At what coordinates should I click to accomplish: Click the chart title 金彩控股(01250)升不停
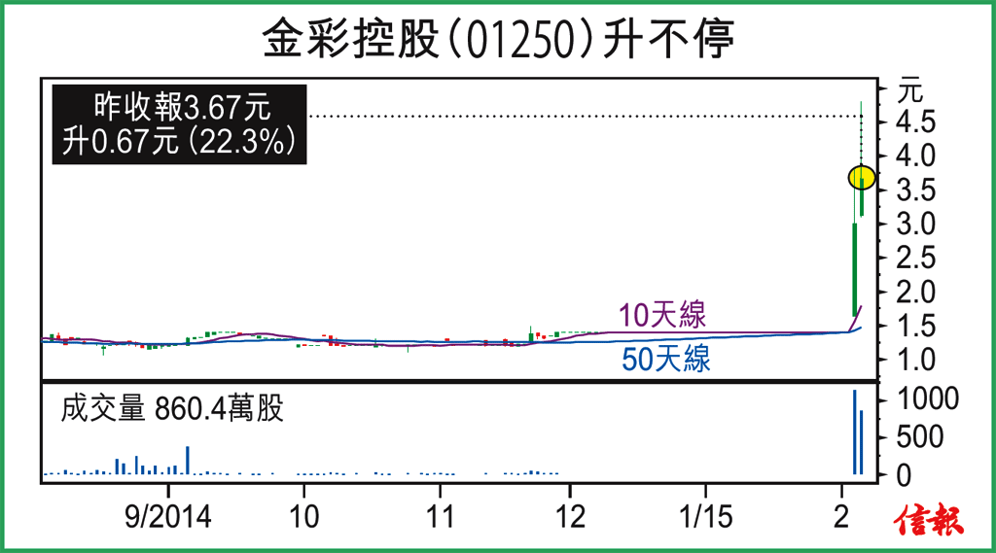point(497,40)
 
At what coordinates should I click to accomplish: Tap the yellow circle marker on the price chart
point(862,178)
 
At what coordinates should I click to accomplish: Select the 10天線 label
point(662,315)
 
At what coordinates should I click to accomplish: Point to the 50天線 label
point(666,360)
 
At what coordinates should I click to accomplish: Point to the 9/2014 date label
point(167,515)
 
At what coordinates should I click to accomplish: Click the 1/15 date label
point(705,515)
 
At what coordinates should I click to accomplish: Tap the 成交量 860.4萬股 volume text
point(172,409)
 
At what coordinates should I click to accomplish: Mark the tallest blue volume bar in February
point(854,432)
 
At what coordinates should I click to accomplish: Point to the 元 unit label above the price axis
point(908,92)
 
